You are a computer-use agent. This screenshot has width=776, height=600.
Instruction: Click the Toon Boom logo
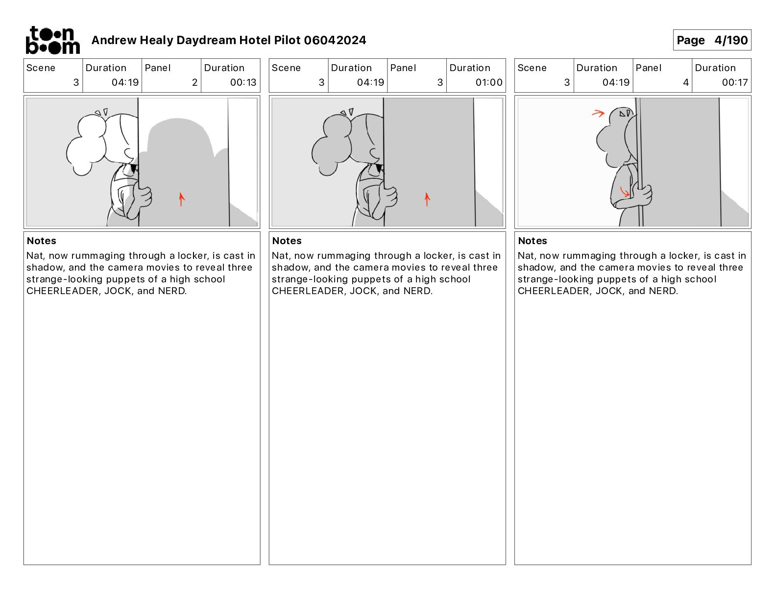coord(53,40)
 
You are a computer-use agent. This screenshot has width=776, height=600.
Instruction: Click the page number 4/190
coord(730,40)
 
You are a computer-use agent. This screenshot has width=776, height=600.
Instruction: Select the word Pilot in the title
coord(288,40)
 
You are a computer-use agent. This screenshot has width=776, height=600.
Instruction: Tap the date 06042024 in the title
coord(335,40)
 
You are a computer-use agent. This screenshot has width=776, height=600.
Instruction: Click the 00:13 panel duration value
coord(243,82)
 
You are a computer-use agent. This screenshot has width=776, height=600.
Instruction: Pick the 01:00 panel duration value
coord(488,82)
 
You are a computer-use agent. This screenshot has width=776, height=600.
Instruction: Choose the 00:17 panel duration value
coord(734,82)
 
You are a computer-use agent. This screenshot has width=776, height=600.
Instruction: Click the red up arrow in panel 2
coord(181,200)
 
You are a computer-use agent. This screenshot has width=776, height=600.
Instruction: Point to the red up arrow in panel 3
coord(427,200)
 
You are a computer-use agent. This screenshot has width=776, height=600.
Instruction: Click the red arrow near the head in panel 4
coord(598,114)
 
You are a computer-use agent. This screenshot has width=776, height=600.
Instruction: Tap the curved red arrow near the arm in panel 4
coord(625,192)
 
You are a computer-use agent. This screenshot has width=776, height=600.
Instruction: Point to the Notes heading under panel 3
coord(287,241)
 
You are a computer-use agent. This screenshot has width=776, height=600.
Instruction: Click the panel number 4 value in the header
coord(686,82)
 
